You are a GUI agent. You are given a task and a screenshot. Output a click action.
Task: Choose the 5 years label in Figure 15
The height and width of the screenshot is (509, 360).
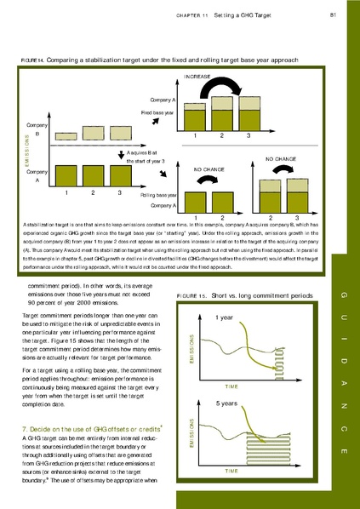[227, 403]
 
